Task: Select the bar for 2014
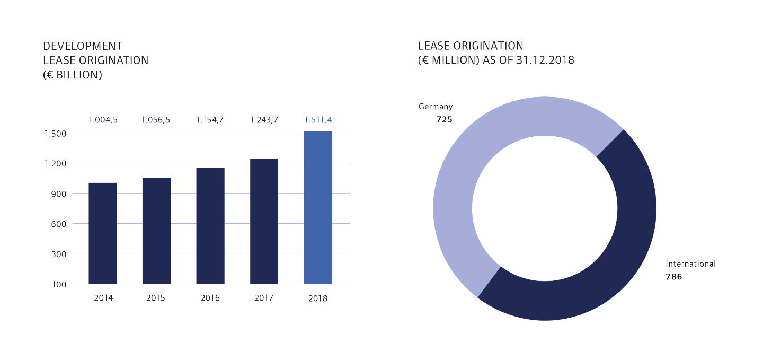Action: [x=103, y=233]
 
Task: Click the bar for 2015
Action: [x=156, y=231]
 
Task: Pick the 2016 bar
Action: [x=210, y=226]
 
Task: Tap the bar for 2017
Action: [x=264, y=221]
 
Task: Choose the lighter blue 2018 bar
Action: [x=318, y=208]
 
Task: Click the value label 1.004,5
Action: [x=103, y=120]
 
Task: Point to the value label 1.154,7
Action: [x=210, y=120]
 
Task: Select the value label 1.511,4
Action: [x=318, y=120]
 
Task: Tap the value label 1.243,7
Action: [x=264, y=120]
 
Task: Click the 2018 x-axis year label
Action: [x=318, y=298]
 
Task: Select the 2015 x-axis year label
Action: [x=156, y=298]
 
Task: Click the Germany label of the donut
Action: [x=436, y=107]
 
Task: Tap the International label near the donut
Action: [x=690, y=264]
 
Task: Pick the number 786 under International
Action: [x=674, y=277]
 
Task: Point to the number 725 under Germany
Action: [x=444, y=120]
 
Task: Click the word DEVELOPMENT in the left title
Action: [x=83, y=46]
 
